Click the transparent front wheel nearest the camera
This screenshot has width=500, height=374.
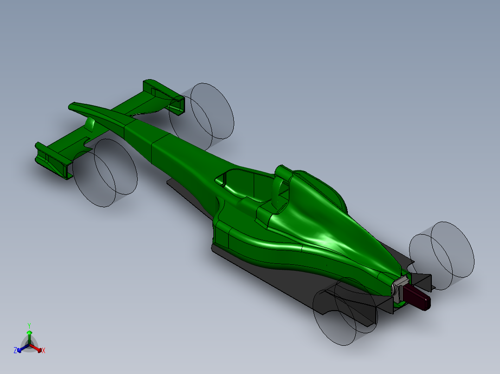[105, 172]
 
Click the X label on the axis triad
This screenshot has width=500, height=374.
[44, 351]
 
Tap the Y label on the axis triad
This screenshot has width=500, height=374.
[29, 325]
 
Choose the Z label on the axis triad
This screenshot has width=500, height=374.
[15, 350]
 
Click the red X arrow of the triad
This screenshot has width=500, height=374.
[37, 348]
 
